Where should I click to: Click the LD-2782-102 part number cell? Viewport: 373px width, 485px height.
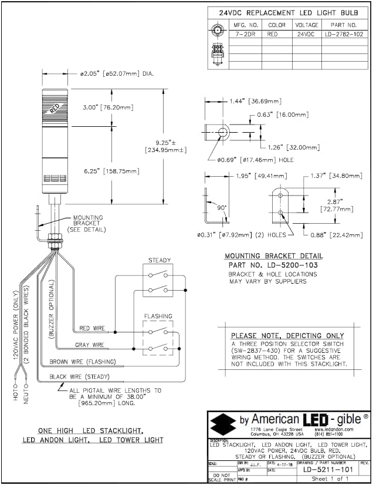pos(343,35)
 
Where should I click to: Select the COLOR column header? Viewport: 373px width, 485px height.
pos(277,25)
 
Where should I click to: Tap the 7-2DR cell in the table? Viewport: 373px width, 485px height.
pos(246,35)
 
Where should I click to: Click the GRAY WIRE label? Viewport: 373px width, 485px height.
pos(90,345)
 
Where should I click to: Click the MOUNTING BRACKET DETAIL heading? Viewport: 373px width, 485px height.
pos(274,256)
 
